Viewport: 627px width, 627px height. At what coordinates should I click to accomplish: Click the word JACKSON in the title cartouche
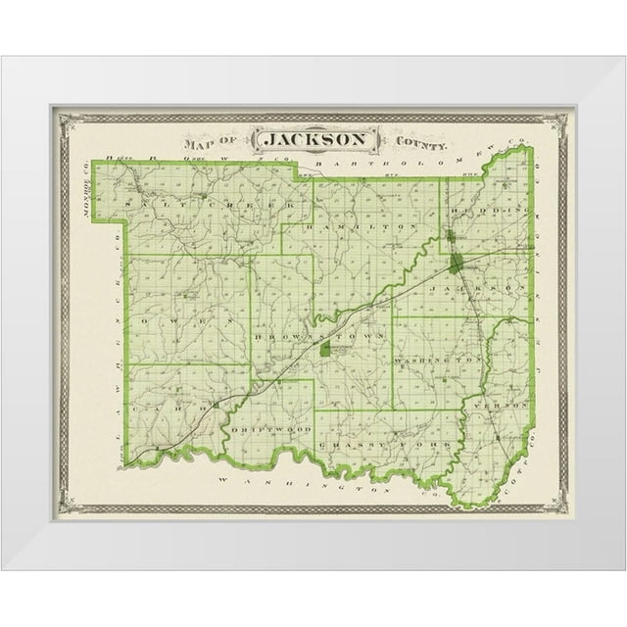coord(314,139)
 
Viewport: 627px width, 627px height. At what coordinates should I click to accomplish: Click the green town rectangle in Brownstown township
coord(324,348)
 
